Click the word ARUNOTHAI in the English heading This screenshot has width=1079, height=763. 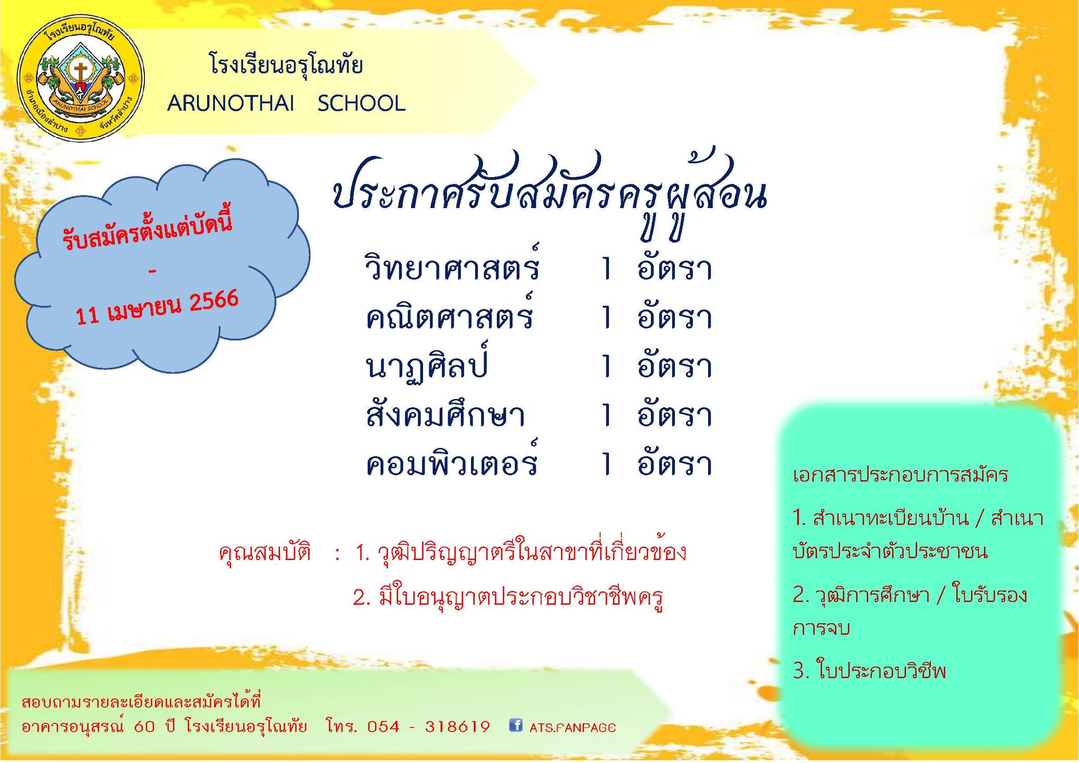pyautogui.click(x=231, y=103)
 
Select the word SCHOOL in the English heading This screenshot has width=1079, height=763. pyautogui.click(x=361, y=103)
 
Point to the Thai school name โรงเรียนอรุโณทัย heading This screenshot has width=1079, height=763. pyautogui.click(x=286, y=65)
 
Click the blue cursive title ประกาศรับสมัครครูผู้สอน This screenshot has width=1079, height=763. pyautogui.click(x=549, y=192)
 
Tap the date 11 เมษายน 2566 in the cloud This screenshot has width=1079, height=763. pyautogui.click(x=157, y=307)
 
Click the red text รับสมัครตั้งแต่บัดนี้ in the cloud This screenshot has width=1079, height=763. pyautogui.click(x=147, y=232)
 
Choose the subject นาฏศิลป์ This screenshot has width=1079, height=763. pyautogui.click(x=427, y=363)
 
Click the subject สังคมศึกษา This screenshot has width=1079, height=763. pyautogui.click(x=445, y=414)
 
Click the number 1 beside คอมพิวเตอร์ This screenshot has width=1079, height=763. pyautogui.click(x=607, y=463)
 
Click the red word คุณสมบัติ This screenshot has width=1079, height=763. pyautogui.click(x=265, y=553)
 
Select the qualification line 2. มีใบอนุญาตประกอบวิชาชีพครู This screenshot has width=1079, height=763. pyautogui.click(x=508, y=598)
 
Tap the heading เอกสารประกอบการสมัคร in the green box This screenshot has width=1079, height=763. pyautogui.click(x=900, y=474)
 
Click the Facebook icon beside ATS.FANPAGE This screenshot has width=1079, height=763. pyautogui.click(x=516, y=725)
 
